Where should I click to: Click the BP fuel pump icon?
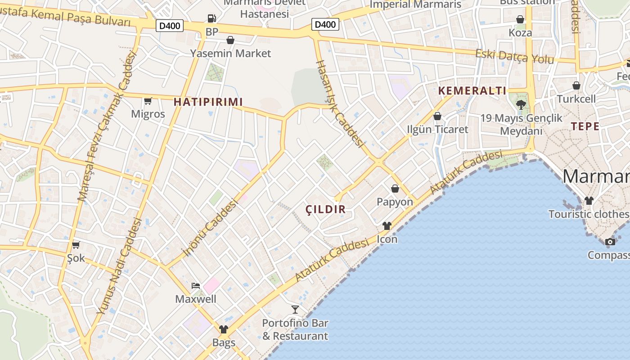coord(211,18)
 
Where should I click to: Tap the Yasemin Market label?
coord(230,53)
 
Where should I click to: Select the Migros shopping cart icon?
coord(148,101)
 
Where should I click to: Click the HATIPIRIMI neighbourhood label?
coord(208,102)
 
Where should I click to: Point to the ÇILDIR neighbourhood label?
coord(326,209)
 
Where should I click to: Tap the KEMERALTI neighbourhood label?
coord(472,91)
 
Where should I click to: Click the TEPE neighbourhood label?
coord(585,126)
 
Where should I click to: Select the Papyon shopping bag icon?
coord(395,189)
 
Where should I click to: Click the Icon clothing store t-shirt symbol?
coord(387,225)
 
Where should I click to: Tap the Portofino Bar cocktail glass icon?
coord(295,309)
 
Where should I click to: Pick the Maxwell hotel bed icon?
coord(196,285)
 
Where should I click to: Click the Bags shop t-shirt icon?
coord(224,329)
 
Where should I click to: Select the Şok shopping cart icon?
coord(76,245)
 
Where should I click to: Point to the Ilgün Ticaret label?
coord(437,130)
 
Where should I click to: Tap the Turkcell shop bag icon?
coord(576,85)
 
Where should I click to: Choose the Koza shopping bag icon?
coord(520,19)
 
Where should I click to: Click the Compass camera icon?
coord(610,242)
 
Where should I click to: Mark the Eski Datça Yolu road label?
coord(515,56)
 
